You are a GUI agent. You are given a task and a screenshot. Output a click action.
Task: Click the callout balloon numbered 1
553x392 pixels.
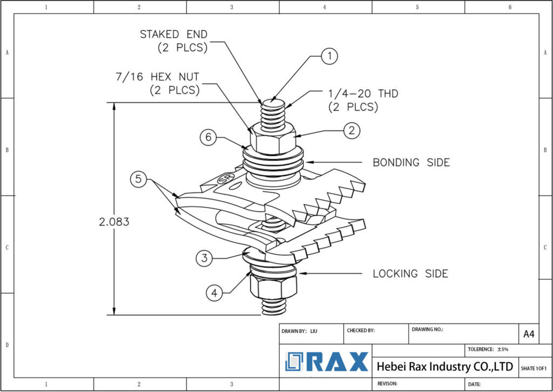329,56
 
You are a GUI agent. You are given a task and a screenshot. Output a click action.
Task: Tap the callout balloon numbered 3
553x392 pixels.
204,258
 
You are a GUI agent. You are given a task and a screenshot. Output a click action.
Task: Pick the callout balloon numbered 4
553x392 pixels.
214,293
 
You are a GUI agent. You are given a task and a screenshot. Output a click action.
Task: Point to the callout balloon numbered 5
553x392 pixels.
139,179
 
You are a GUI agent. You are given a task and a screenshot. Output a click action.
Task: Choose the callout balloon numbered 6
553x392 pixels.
208,137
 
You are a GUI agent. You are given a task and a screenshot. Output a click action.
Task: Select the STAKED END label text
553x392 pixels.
174,41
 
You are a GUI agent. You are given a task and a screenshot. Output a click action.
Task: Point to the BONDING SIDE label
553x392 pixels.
411,163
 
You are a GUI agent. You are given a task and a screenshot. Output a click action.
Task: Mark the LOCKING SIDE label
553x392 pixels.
410,274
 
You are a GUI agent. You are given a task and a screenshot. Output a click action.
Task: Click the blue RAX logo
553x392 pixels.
327,362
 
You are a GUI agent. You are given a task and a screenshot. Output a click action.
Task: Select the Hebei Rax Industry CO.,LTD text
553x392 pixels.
444,367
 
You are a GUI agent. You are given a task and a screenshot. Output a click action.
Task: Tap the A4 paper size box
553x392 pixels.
529,334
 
